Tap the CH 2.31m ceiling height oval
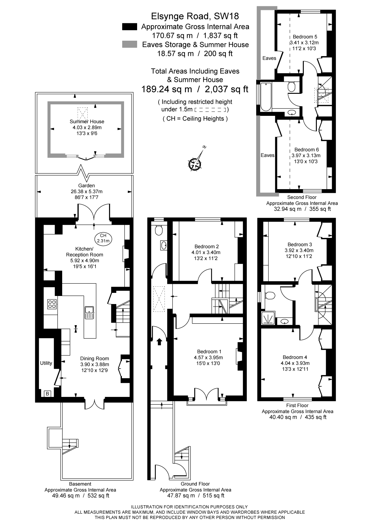(103, 239)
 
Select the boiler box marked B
(48, 394)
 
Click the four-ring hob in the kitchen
(52, 304)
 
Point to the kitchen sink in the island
(90, 313)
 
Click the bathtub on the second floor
(266, 97)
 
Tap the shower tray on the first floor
(269, 318)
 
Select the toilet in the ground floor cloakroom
(159, 230)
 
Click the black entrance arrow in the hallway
(160, 341)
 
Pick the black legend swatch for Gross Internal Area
(129, 27)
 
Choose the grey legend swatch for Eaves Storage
(129, 44)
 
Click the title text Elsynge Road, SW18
(195, 16)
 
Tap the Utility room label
(46, 363)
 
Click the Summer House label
(87, 121)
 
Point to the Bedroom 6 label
(307, 150)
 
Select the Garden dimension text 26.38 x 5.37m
(87, 191)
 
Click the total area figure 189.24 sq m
(167, 89)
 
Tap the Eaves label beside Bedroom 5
(269, 58)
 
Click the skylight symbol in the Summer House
(82, 114)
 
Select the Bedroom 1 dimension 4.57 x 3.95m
(208, 357)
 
